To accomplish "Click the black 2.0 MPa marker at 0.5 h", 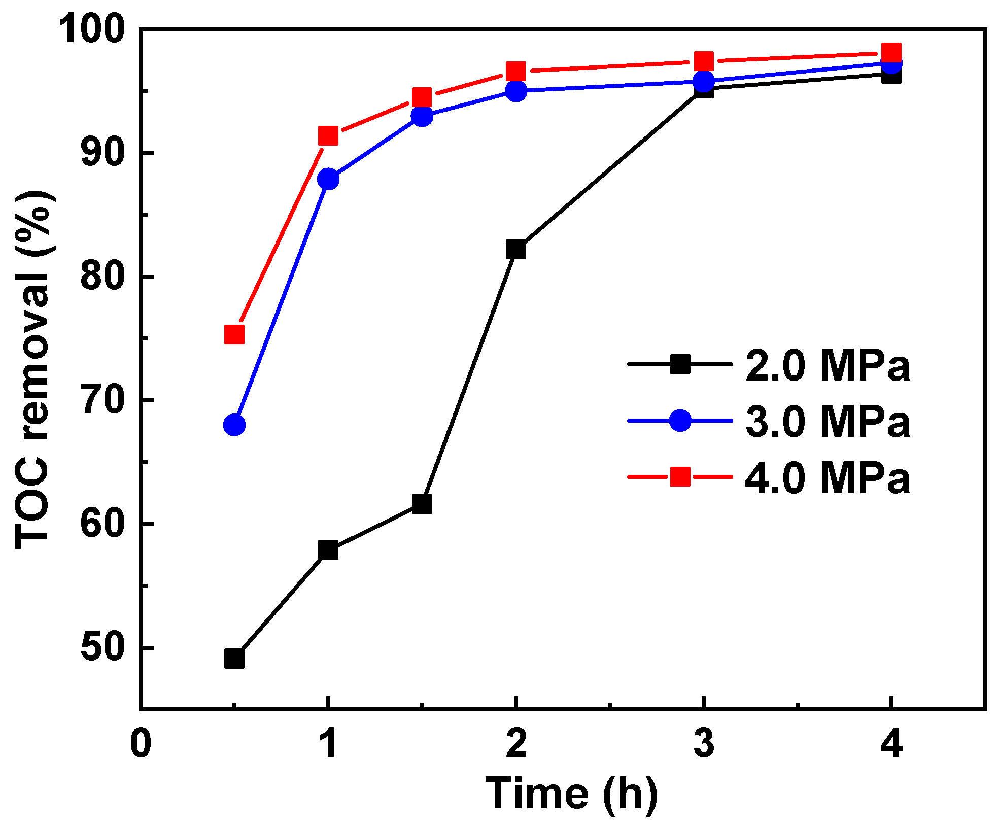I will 234,659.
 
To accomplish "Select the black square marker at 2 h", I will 515,249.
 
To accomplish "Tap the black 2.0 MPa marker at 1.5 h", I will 422,504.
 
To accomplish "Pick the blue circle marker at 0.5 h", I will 234,424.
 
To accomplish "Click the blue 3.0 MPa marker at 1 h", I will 328,179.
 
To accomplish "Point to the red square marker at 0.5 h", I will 234,334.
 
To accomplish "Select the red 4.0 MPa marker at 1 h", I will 328,135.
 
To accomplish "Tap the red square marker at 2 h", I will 515,71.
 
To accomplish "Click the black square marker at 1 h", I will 328,549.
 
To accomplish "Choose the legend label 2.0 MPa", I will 828,365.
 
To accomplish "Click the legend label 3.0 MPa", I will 828,422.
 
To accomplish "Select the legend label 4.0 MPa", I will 828,478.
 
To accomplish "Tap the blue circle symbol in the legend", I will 680,421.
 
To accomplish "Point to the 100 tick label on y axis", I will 91,29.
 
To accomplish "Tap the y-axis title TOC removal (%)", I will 33,370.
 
